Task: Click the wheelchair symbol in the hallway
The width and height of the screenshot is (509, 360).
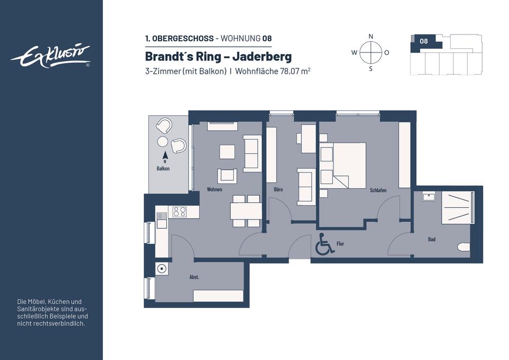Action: click(324, 243)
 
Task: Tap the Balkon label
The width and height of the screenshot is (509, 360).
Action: click(163, 169)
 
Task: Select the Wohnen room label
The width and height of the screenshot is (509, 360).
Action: click(214, 189)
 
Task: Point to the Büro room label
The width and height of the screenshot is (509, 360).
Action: click(278, 189)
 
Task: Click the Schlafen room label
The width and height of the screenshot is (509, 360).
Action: click(378, 190)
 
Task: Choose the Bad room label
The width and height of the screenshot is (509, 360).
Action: click(432, 239)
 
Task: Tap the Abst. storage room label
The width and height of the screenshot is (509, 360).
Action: click(194, 277)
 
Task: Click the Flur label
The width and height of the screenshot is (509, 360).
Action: click(340, 243)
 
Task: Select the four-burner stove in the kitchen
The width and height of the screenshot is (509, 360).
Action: click(180, 212)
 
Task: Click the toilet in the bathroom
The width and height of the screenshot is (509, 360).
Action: click(463, 247)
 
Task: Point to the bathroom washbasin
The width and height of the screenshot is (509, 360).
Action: click(429, 197)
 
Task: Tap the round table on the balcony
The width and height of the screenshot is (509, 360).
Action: click(163, 142)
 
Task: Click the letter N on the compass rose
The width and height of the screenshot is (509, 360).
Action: click(371, 37)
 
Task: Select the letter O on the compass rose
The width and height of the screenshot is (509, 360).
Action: click(387, 52)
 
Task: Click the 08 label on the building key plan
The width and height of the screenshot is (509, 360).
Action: click(424, 41)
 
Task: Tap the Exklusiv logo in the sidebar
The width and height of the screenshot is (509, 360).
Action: click(51, 56)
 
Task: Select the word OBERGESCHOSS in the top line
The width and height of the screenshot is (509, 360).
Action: click(183, 38)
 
